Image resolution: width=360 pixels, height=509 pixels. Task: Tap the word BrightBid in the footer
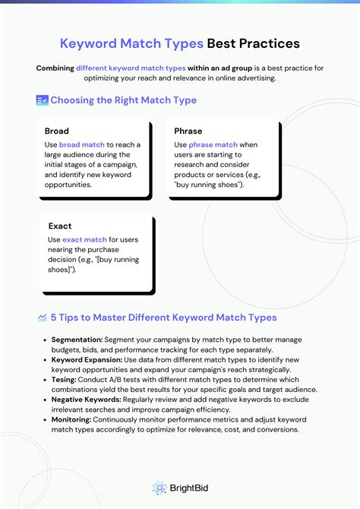(188, 488)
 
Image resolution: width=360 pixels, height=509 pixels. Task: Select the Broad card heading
(57, 131)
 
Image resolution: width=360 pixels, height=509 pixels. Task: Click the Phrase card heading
(188, 131)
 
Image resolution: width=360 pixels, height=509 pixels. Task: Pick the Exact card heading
(60, 226)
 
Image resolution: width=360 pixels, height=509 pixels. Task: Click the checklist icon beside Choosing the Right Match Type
(43, 100)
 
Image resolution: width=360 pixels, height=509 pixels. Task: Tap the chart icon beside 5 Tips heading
(42, 317)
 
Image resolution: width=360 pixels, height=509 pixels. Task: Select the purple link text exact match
(85, 239)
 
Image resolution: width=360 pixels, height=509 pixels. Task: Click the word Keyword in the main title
(89, 43)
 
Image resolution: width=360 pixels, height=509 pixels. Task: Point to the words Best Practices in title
(253, 43)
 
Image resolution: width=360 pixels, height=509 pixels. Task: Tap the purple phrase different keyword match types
(132, 68)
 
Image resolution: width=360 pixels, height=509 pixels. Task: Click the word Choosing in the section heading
(77, 100)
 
